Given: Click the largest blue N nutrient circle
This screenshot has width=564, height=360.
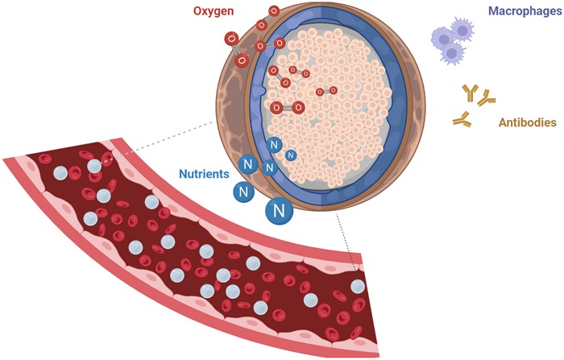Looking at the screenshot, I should tap(280, 211).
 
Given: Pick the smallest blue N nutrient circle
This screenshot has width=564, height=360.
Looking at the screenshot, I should tap(291, 155).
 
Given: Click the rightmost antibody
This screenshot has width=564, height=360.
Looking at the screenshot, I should tap(487, 99).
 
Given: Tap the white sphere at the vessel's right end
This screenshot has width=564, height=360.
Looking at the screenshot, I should tap(357, 287).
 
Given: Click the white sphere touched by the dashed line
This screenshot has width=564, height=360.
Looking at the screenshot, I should tap(95, 165).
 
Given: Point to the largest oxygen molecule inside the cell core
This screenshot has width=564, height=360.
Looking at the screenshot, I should tap(287, 107).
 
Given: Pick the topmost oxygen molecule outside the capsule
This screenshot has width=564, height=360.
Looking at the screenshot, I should tap(274, 10).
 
